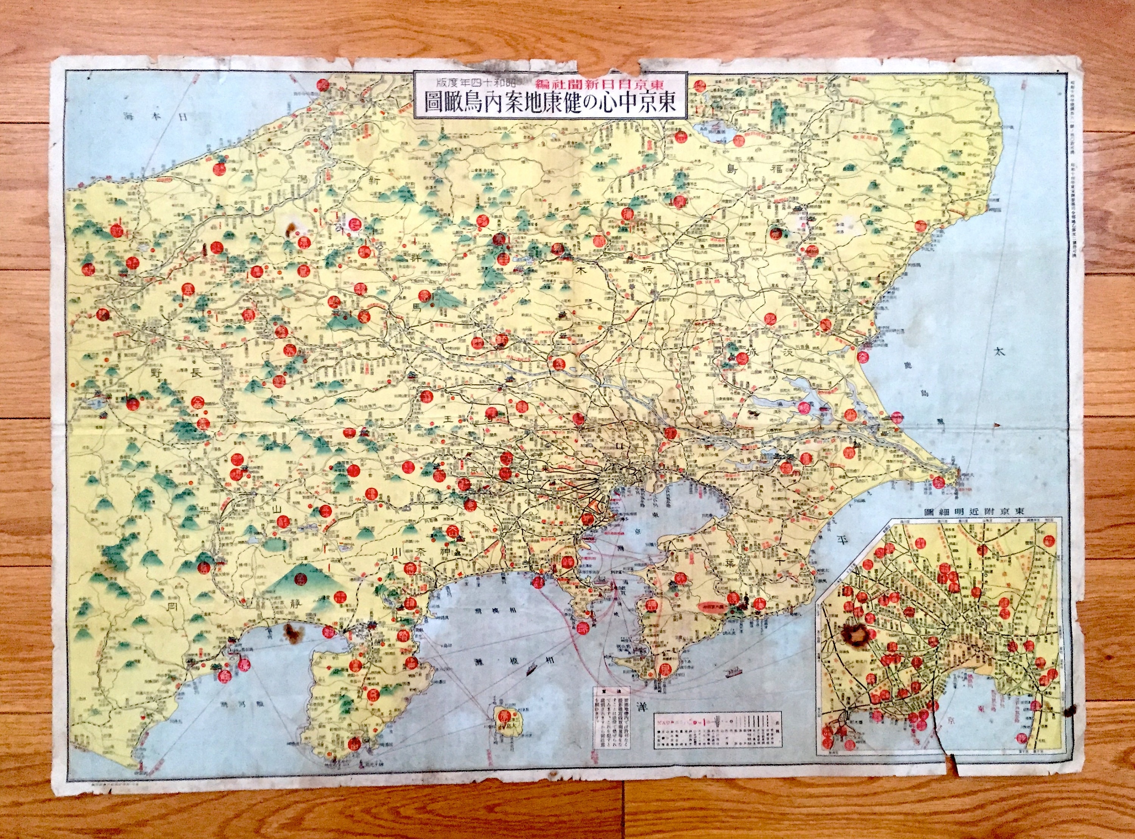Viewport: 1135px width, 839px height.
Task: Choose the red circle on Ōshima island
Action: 504,716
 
